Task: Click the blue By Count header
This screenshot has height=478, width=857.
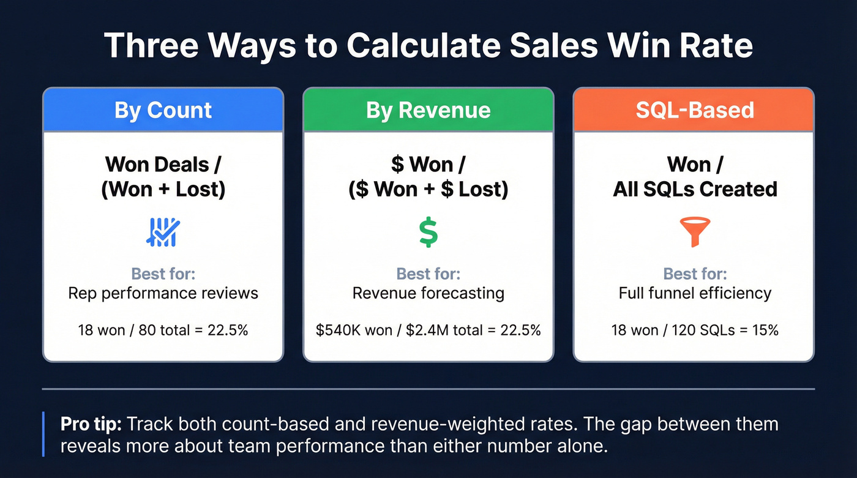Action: [163, 110]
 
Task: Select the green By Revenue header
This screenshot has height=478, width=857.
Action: [428, 110]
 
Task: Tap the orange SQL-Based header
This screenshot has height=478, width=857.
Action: [694, 110]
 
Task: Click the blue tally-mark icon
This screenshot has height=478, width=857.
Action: [163, 233]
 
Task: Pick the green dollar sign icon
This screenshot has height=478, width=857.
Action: [428, 233]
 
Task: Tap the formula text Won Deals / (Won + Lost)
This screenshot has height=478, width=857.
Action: [163, 176]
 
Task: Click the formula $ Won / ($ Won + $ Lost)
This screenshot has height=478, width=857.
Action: [428, 176]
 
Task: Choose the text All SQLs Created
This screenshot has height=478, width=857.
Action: [695, 189]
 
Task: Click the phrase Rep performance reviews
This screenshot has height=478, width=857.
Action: [163, 293]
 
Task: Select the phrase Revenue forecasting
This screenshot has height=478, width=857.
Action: [428, 293]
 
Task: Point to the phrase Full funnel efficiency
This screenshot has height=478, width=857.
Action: [695, 293]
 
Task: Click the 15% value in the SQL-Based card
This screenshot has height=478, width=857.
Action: [766, 330]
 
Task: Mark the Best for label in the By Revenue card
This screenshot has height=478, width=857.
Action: [428, 273]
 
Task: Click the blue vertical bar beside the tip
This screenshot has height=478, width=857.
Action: [43, 434]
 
